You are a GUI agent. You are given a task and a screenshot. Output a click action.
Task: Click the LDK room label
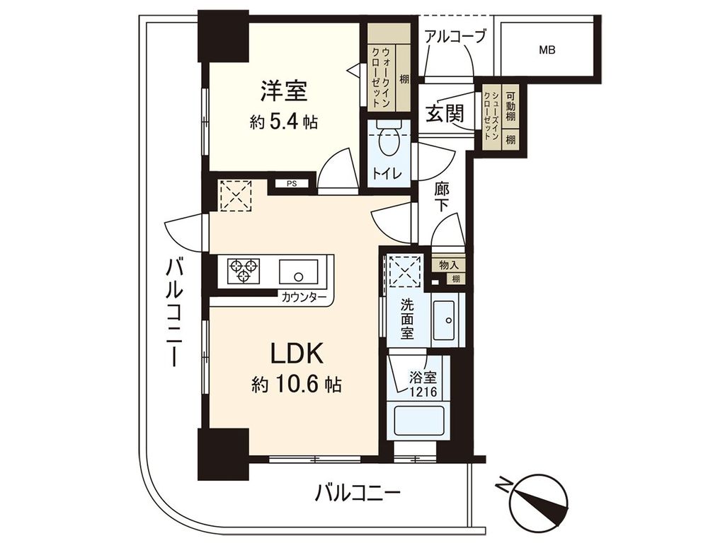point(297,353)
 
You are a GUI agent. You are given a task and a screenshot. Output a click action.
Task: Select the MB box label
point(547,50)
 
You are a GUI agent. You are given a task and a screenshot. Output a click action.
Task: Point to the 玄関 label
point(445,113)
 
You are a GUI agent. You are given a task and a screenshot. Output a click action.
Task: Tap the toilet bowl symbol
point(388,144)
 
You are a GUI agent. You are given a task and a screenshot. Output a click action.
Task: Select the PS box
point(292,184)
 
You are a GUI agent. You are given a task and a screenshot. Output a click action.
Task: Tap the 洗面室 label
point(407,319)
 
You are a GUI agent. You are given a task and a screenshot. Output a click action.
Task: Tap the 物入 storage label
point(448,265)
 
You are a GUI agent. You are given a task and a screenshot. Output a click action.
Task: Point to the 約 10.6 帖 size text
point(297,385)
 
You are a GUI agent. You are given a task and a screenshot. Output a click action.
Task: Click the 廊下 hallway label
point(443,197)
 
